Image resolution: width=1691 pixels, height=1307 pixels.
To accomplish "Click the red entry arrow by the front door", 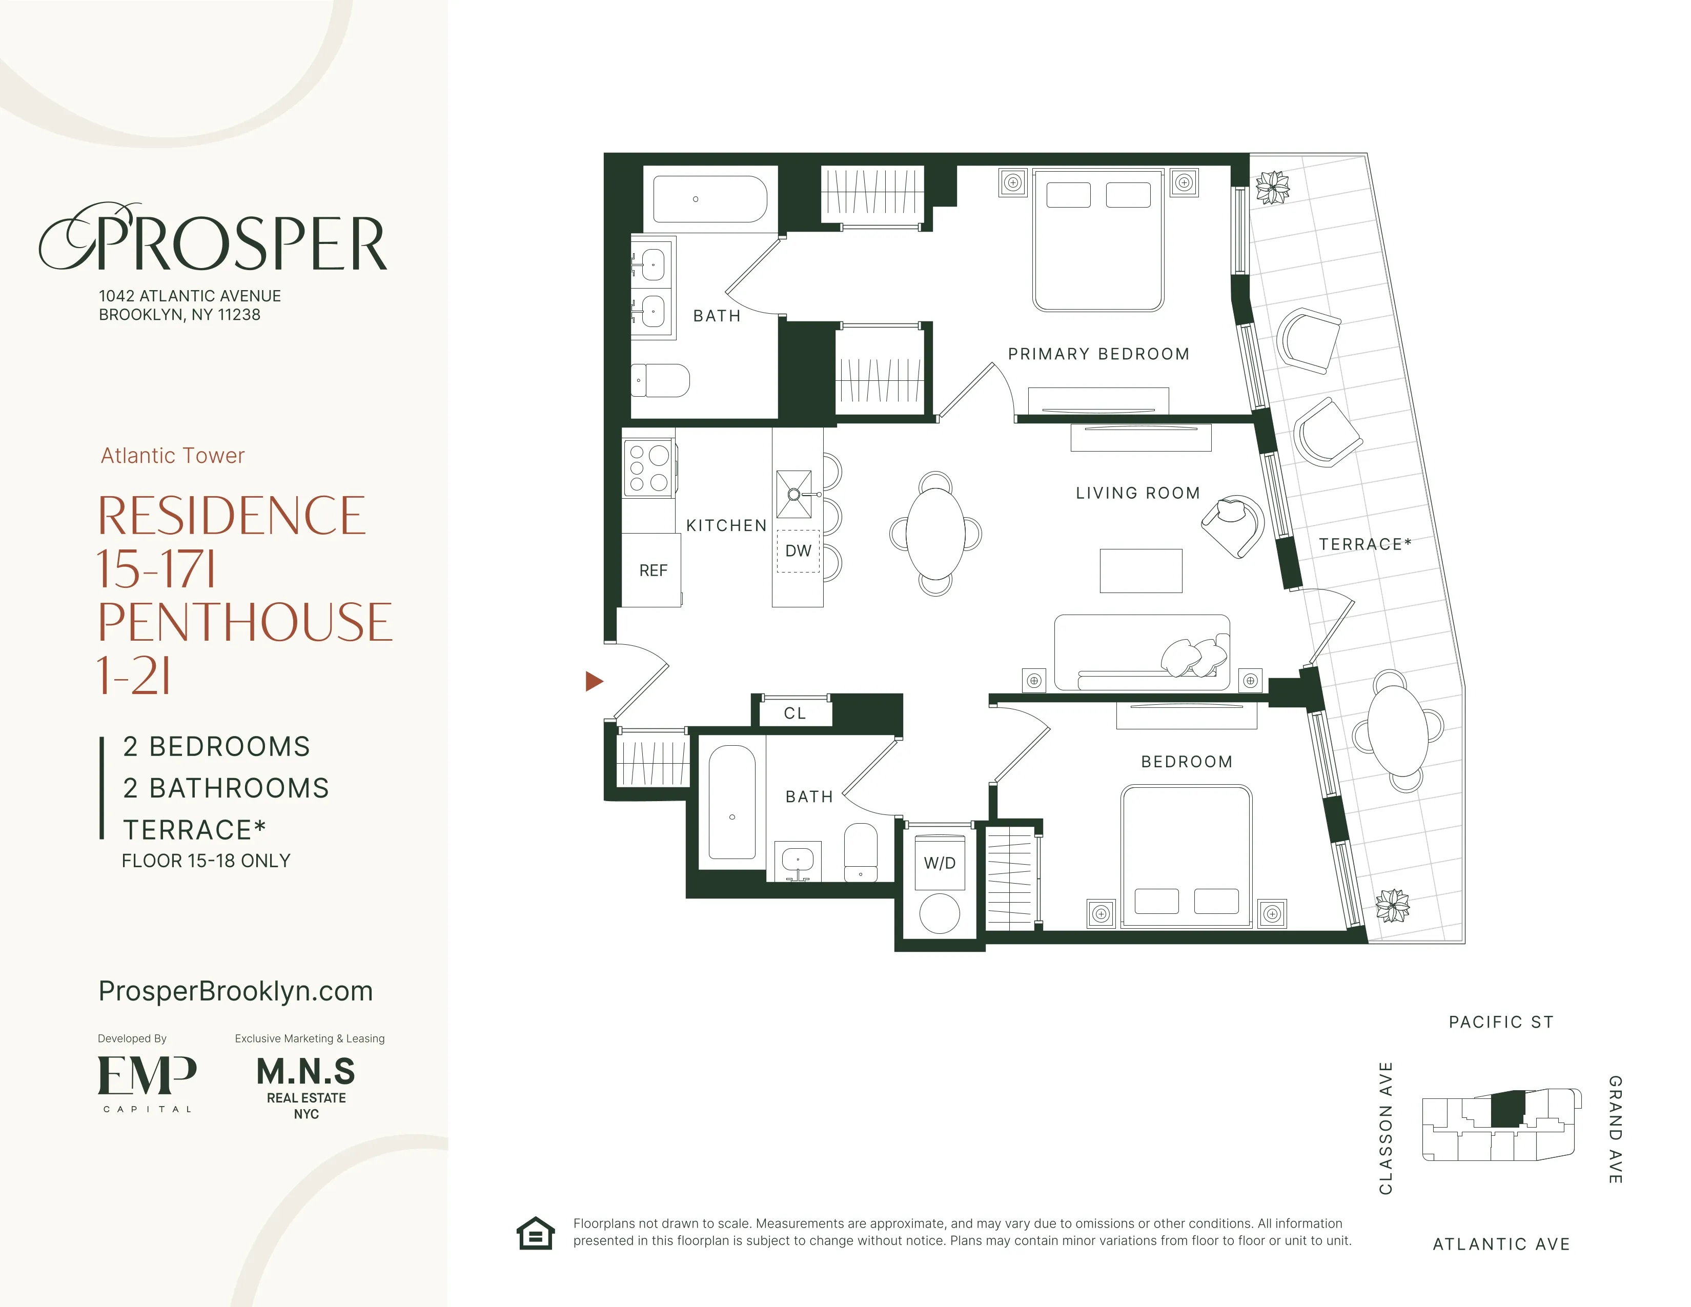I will (x=593, y=681).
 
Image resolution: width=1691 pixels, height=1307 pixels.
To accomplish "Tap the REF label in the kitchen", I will (x=653, y=570).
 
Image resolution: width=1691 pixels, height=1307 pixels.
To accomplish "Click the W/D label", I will (x=939, y=863).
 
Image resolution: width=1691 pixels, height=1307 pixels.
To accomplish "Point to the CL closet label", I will (x=795, y=713).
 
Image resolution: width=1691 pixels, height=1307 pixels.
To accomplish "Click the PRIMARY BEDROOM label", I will (x=1098, y=354).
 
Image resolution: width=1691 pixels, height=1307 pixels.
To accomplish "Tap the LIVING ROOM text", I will (x=1137, y=493).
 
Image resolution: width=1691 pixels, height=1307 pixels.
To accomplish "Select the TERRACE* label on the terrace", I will (x=1365, y=544).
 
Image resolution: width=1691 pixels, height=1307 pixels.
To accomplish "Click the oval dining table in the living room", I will (x=935, y=534).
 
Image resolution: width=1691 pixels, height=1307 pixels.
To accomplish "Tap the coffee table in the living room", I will (x=1140, y=570).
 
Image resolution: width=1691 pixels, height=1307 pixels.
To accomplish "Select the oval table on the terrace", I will (x=1398, y=730).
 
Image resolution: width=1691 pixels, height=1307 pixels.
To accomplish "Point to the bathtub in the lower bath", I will (x=731, y=802).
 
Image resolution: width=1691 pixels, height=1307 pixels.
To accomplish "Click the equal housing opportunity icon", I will (x=536, y=1233).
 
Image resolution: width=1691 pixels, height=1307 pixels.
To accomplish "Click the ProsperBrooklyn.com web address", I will (x=235, y=991).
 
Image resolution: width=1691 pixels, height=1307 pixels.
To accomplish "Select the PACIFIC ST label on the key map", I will (x=1500, y=1022).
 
